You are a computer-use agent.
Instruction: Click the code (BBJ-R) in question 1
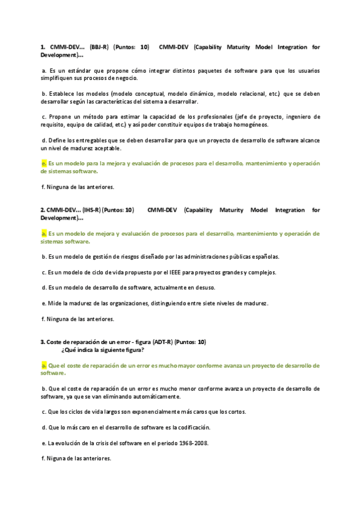click(x=99, y=46)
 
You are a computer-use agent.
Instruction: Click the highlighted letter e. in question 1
click(x=44, y=163)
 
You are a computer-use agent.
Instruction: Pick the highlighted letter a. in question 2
click(x=44, y=233)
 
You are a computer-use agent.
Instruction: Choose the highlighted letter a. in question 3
click(x=44, y=365)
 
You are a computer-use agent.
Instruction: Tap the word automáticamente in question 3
click(x=151, y=396)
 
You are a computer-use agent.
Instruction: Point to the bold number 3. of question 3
click(x=43, y=342)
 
